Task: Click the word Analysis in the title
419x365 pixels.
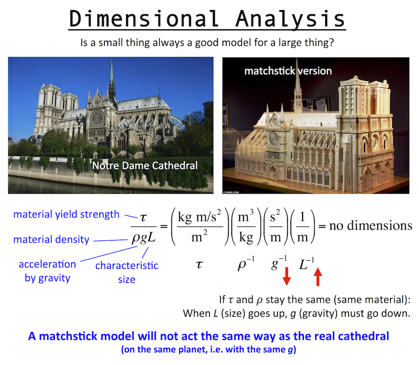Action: [290, 19]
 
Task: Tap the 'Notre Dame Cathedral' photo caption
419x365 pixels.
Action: [145, 166]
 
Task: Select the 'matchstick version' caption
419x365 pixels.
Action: [288, 71]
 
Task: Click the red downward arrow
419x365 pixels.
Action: [287, 276]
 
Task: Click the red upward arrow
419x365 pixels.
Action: [318, 277]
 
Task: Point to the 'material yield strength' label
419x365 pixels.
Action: [66, 215]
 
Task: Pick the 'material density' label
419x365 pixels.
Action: [51, 240]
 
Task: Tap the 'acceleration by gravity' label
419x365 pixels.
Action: [47, 271]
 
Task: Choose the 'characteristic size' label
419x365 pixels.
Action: [127, 272]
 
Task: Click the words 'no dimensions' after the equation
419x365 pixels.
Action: [371, 225]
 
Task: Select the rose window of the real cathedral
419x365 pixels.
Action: [97, 118]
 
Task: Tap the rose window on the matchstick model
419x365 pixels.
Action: [273, 139]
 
